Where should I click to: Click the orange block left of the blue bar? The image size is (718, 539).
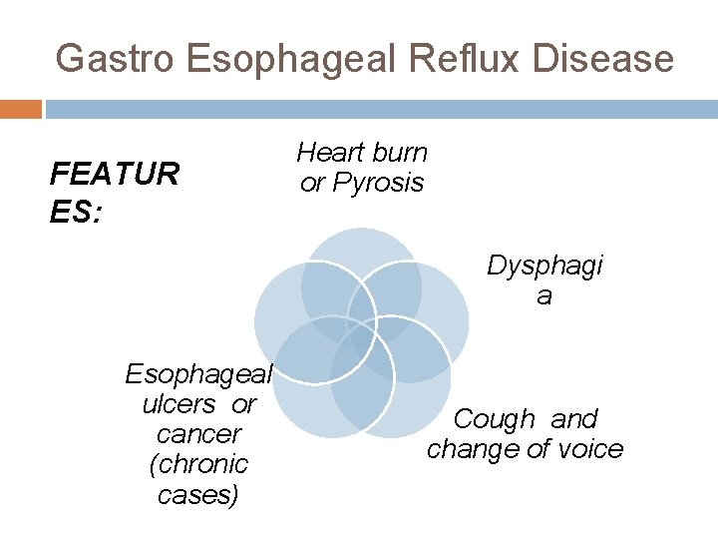(x=20, y=109)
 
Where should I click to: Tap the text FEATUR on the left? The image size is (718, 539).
(x=114, y=175)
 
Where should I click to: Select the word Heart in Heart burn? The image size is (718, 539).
(x=330, y=153)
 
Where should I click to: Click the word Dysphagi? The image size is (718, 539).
(x=544, y=266)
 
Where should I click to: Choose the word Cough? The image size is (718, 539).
(x=494, y=419)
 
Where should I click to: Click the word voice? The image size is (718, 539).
(x=589, y=449)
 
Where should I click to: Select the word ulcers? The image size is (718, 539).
(x=179, y=404)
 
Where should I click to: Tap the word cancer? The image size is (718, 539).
(x=198, y=434)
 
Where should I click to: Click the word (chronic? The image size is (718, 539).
(x=198, y=464)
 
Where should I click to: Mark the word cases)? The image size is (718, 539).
(x=198, y=494)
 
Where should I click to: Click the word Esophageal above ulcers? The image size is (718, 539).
(x=198, y=374)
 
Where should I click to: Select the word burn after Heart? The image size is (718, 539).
(x=397, y=153)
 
